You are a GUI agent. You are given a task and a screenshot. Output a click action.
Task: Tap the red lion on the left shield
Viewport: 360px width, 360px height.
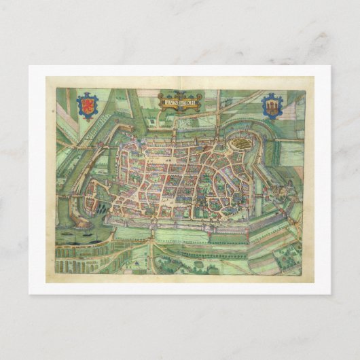pos(88,105)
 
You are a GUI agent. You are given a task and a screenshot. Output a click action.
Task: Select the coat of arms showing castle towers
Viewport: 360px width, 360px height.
pos(272,106)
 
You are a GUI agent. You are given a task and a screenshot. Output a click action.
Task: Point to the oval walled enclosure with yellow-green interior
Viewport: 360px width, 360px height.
pos(249,143)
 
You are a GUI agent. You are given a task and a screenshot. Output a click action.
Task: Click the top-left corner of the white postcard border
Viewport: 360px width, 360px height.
pos(29,67)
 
